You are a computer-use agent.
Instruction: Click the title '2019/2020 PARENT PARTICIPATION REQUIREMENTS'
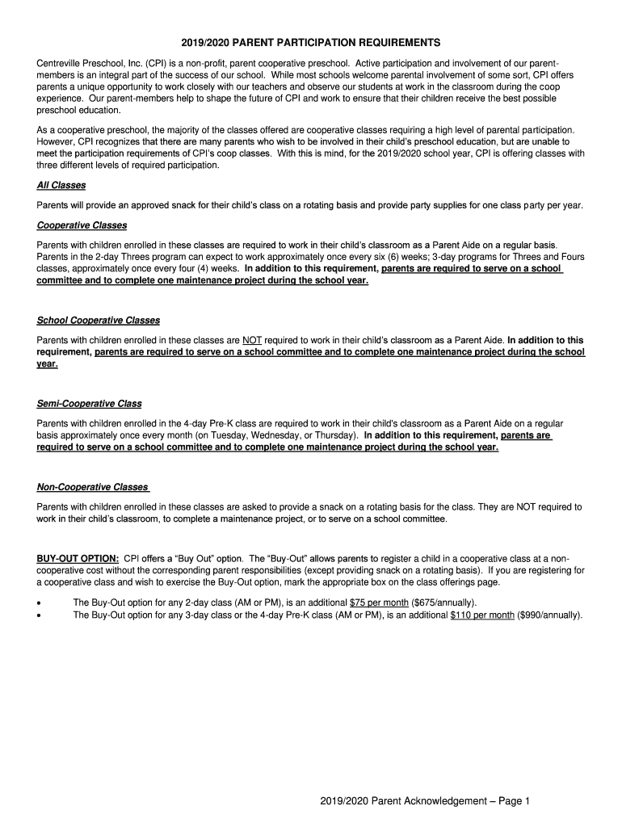click(x=310, y=42)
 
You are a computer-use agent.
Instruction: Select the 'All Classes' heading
click(x=61, y=185)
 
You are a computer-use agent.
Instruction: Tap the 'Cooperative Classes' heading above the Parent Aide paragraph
click(x=82, y=225)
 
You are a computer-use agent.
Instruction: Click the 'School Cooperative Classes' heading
click(x=99, y=321)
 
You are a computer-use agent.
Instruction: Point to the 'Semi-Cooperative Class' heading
click(x=89, y=404)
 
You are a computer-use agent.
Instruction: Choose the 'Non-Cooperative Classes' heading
click(x=93, y=487)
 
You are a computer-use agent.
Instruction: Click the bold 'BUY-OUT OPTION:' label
click(x=78, y=559)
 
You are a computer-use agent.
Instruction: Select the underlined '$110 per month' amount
click(x=482, y=615)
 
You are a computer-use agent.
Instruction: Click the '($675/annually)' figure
click(x=443, y=602)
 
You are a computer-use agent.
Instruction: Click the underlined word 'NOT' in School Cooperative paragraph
click(x=252, y=341)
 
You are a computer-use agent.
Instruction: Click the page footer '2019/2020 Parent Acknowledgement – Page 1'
click(x=424, y=801)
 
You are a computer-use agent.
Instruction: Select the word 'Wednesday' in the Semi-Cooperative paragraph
click(x=273, y=435)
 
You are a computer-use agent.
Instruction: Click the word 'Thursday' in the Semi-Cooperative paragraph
click(x=334, y=435)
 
